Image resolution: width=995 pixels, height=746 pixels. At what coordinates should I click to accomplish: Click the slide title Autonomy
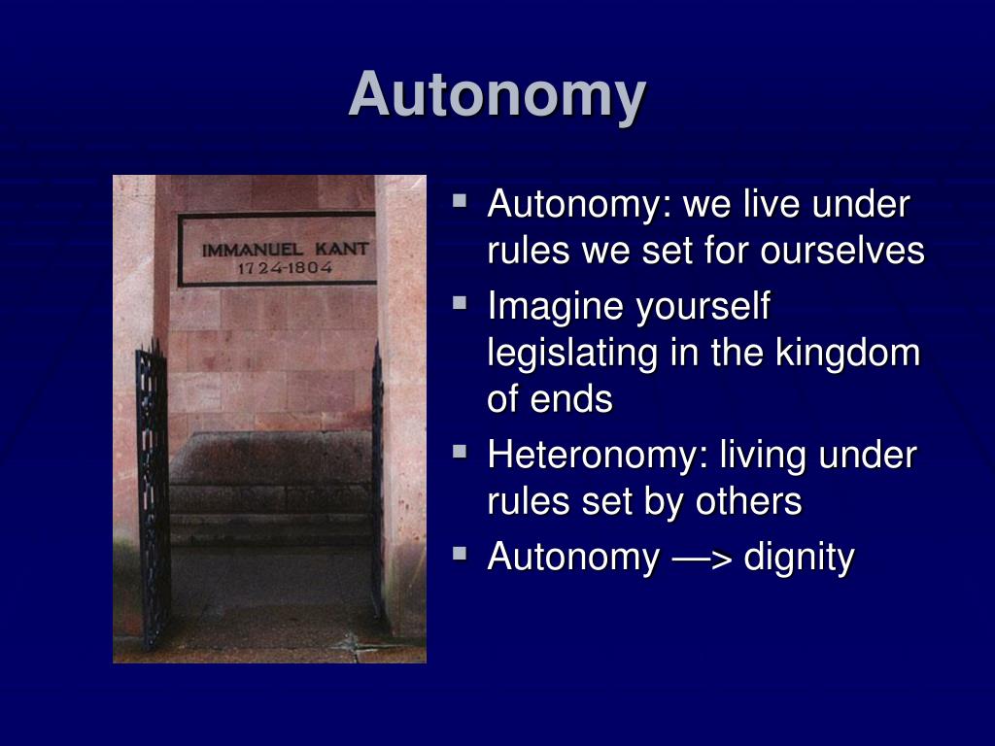(497, 96)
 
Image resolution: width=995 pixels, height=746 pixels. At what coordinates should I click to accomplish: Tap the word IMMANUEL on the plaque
(252, 250)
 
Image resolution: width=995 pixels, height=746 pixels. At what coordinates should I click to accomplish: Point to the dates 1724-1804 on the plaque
(285, 268)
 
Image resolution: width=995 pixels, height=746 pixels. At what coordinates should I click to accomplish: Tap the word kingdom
(847, 353)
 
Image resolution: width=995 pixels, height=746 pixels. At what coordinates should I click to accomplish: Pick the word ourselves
(842, 251)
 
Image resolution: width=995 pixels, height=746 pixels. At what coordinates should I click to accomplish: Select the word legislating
(572, 354)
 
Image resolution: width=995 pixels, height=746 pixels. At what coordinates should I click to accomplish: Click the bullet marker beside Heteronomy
(460, 453)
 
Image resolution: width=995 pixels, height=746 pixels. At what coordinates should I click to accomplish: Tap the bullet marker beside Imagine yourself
(460, 303)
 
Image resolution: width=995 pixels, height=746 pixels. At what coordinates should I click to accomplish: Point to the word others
(749, 502)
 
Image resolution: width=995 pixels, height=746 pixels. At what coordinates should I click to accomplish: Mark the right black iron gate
(378, 482)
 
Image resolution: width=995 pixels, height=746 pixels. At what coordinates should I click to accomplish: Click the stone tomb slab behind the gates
(271, 473)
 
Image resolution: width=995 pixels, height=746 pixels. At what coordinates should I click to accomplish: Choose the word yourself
(703, 307)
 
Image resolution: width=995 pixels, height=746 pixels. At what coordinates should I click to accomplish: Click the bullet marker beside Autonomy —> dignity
(460, 554)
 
